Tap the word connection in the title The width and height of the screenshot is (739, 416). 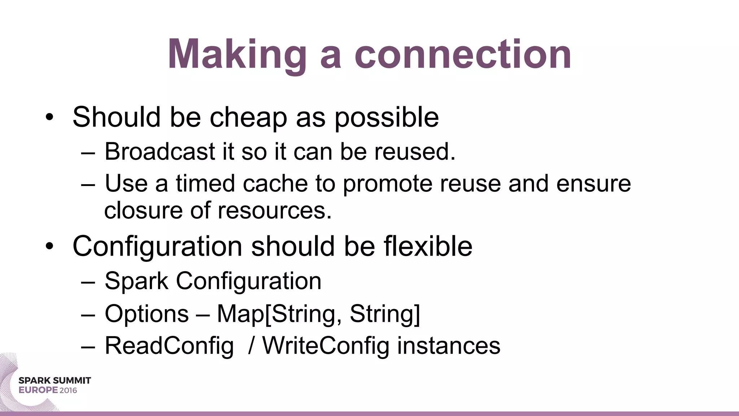coord(463,55)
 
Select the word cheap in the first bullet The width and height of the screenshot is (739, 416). coord(248,117)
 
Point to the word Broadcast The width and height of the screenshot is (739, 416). coord(160,151)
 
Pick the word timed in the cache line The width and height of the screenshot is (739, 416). coord(205,183)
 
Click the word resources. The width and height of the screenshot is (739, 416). coord(274,211)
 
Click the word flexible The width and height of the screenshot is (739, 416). coord(428,246)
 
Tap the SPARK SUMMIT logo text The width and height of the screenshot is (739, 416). coord(54,381)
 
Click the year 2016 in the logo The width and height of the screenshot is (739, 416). coord(68,390)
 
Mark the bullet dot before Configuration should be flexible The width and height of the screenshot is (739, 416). coord(49,246)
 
